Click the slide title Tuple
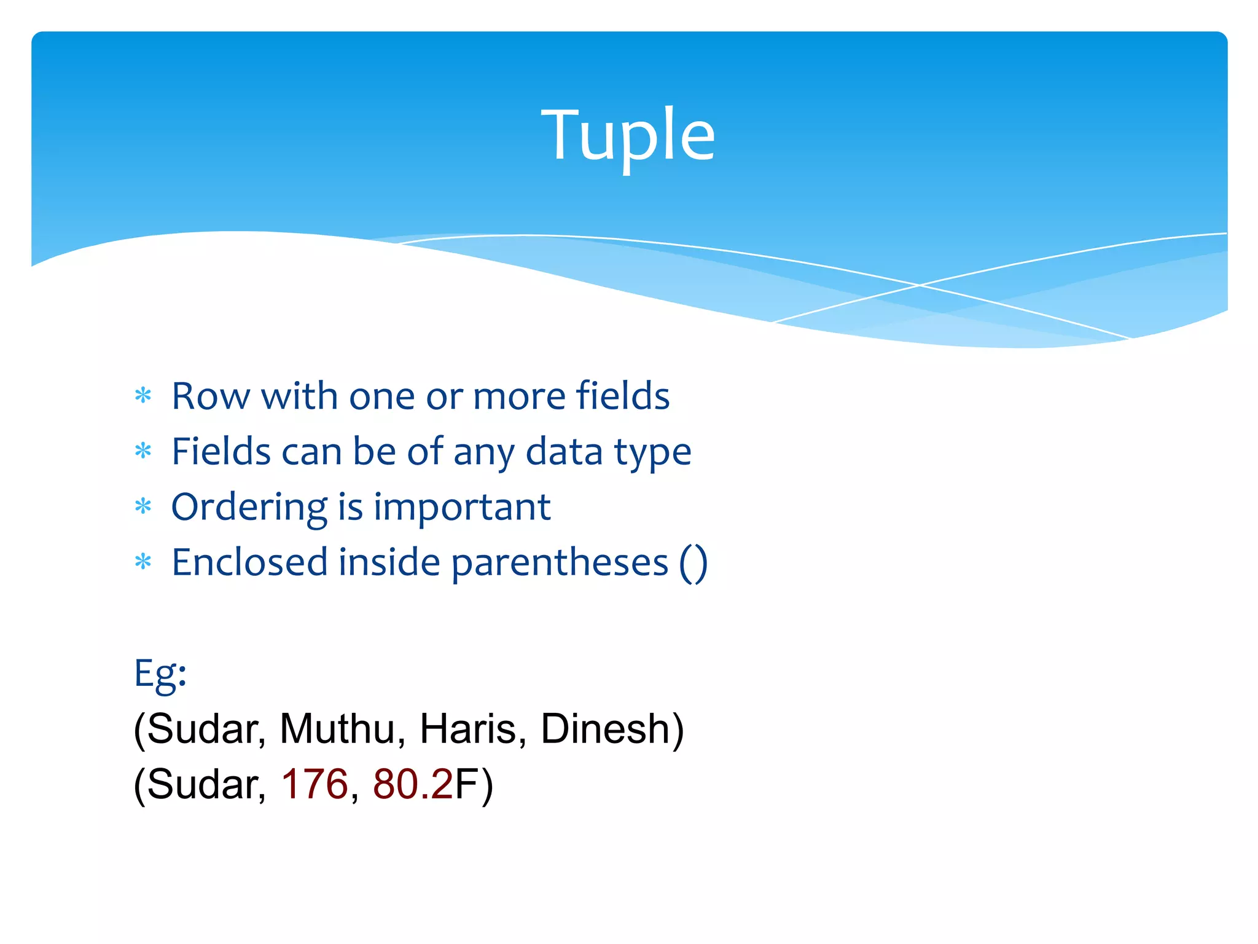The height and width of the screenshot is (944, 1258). coord(628,135)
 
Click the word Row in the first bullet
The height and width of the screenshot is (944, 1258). coord(210,396)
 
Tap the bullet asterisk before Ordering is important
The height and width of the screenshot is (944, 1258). coord(143,507)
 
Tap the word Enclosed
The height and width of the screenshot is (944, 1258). coord(249,562)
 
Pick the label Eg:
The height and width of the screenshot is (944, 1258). coord(160,674)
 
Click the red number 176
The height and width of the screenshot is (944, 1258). coord(314,785)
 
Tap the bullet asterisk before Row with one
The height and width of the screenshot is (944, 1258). coord(143,396)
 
